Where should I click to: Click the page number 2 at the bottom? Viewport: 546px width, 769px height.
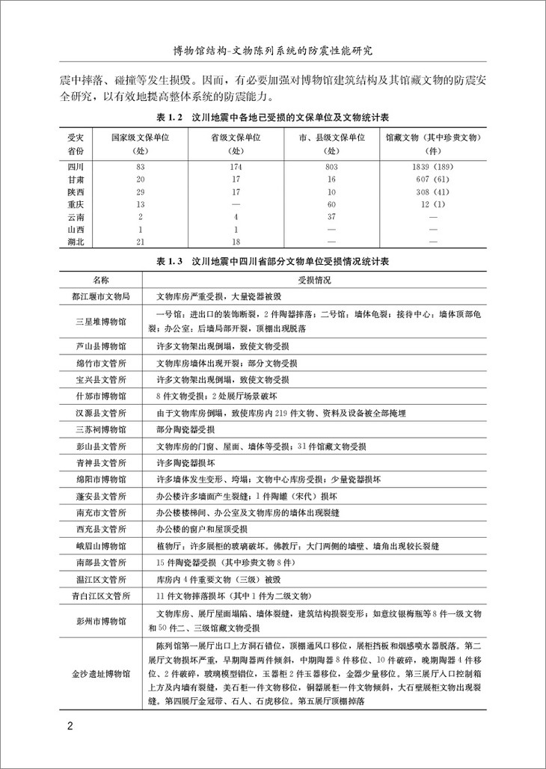point(69,726)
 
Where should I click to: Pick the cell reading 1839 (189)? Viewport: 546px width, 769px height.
point(432,165)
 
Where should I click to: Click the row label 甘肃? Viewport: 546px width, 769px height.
point(76,177)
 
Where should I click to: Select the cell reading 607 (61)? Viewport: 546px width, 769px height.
point(432,177)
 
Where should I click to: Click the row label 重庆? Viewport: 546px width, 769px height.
point(76,203)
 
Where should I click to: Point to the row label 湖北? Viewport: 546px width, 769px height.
point(76,241)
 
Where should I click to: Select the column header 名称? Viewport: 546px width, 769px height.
point(100,279)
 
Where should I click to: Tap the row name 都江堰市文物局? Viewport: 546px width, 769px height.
point(100,296)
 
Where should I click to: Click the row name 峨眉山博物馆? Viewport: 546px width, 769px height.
point(100,546)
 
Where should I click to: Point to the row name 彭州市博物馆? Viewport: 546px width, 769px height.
point(100,621)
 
